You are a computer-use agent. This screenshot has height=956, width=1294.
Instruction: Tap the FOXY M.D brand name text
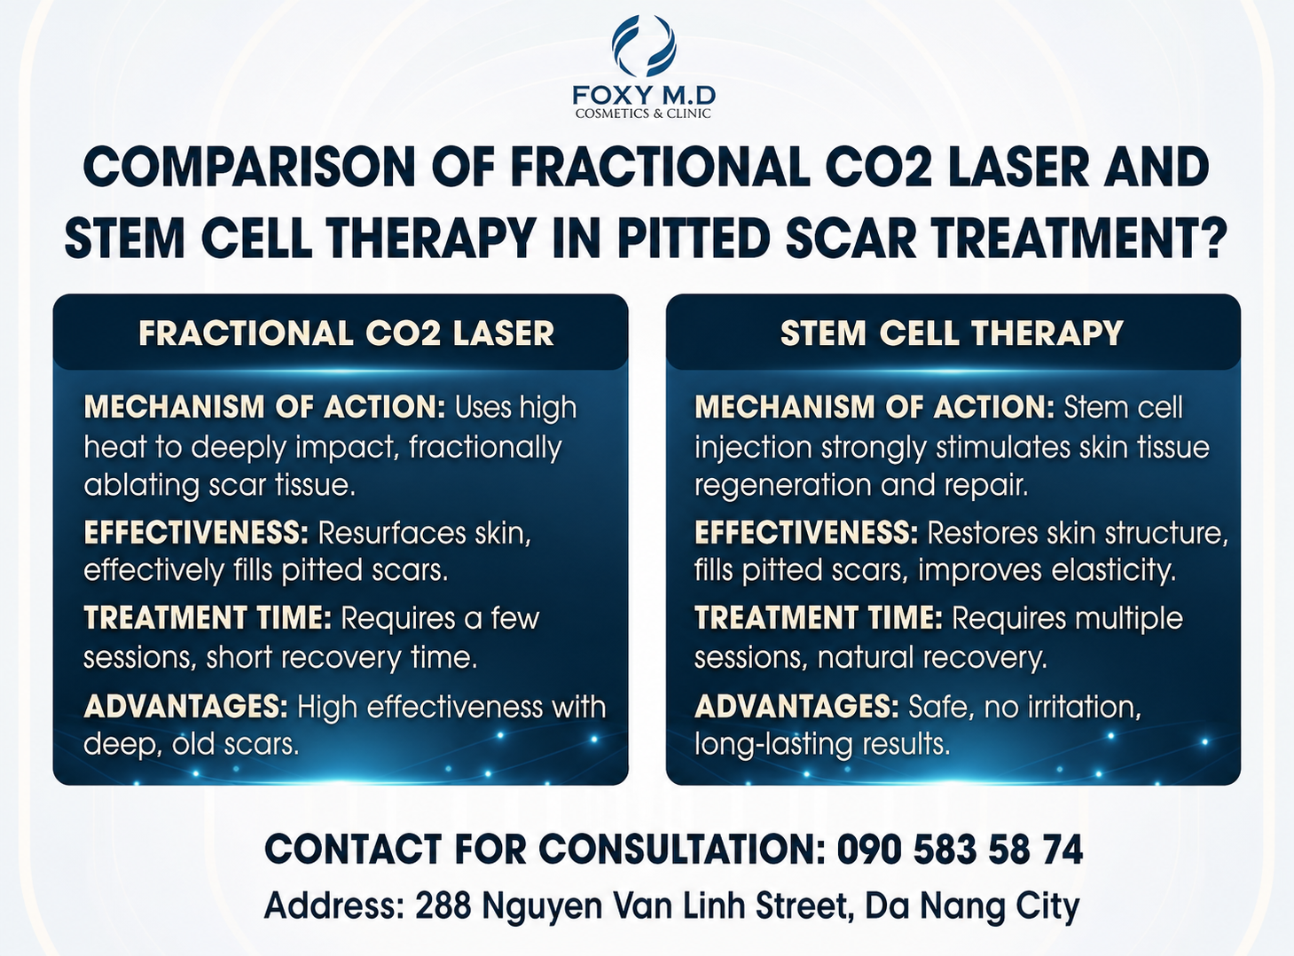pyautogui.click(x=644, y=95)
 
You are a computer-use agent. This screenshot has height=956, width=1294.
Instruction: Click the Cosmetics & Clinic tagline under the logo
pyautogui.click(x=643, y=114)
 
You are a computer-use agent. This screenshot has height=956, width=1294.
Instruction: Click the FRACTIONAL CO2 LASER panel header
pyautogui.click(x=346, y=333)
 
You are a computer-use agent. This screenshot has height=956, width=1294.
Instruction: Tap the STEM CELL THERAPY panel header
pyautogui.click(x=953, y=333)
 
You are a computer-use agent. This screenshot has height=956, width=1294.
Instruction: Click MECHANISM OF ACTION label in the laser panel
pyautogui.click(x=265, y=406)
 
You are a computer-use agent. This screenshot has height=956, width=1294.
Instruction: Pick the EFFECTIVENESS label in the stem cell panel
pyautogui.click(x=806, y=532)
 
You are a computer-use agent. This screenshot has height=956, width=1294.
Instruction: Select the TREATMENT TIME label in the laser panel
pyautogui.click(x=208, y=618)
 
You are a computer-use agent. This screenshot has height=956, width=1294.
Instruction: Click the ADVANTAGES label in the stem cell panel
pyautogui.click(x=797, y=706)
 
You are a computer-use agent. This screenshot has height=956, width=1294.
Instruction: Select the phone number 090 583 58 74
pyautogui.click(x=961, y=850)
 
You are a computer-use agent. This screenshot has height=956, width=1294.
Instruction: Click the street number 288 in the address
pyautogui.click(x=443, y=905)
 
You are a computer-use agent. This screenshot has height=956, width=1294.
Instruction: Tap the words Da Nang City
pyautogui.click(x=973, y=907)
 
